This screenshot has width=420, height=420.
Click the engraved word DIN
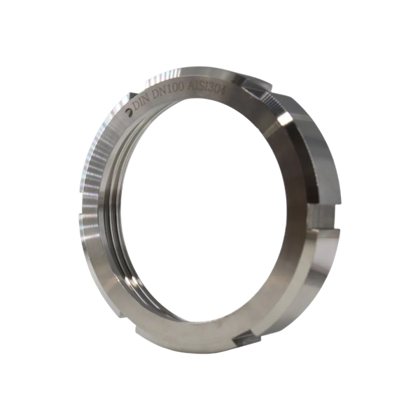(x=142, y=104)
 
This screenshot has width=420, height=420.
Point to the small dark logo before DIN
(x=129, y=113)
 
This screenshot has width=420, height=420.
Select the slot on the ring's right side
(x=323, y=217)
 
